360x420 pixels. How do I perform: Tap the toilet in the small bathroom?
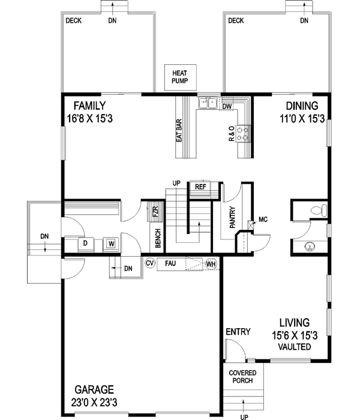pos(319,210)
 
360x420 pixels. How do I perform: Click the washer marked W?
pos(110,244)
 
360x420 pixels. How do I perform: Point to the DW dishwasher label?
pos(227,107)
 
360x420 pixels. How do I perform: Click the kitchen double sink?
pos(208,103)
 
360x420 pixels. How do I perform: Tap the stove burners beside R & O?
pos(244,133)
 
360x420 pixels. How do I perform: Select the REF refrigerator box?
pos(200,187)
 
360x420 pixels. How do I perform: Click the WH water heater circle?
pos(211,263)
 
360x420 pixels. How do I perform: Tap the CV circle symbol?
pos(149,263)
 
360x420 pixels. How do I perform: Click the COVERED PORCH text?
pos(243,376)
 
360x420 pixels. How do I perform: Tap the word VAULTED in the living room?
pos(295,347)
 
